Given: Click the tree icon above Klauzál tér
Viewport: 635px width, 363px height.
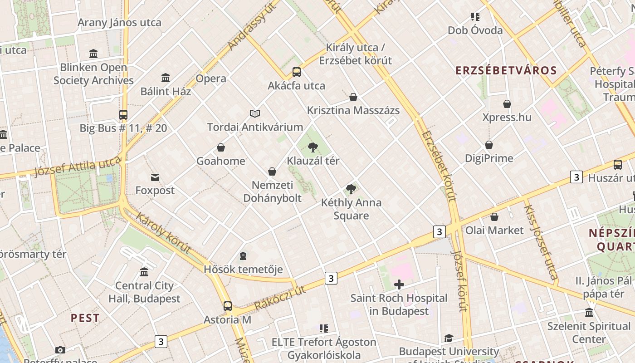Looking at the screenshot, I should [x=313, y=147].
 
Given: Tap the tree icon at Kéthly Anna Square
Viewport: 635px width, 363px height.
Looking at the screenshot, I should [x=351, y=189].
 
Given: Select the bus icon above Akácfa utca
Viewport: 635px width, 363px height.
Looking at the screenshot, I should [x=297, y=72].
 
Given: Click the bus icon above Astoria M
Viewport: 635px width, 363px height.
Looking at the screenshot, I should [x=228, y=306].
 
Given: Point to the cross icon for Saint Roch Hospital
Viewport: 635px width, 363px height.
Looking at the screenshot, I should [x=399, y=285].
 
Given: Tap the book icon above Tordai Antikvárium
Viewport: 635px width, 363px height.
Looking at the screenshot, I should [x=255, y=113].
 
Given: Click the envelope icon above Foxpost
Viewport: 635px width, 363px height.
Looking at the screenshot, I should [x=155, y=177].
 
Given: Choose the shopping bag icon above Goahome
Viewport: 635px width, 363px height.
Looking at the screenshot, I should [x=221, y=147].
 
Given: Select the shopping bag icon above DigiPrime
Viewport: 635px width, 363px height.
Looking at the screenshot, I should [x=489, y=145].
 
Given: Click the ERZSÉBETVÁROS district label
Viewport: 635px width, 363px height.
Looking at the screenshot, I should [x=506, y=71].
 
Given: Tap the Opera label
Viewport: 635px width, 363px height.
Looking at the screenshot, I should [x=211, y=78].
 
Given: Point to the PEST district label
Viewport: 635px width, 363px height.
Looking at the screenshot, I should [x=85, y=318].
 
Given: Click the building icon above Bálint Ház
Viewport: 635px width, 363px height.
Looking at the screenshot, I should [x=166, y=78].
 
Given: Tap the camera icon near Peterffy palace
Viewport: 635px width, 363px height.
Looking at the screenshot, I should [x=60, y=350].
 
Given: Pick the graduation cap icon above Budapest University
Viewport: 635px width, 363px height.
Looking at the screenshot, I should [x=449, y=338].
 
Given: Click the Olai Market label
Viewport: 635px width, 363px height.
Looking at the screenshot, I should [x=494, y=230].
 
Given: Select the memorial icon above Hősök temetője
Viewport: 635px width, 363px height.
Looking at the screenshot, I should [x=243, y=256].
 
